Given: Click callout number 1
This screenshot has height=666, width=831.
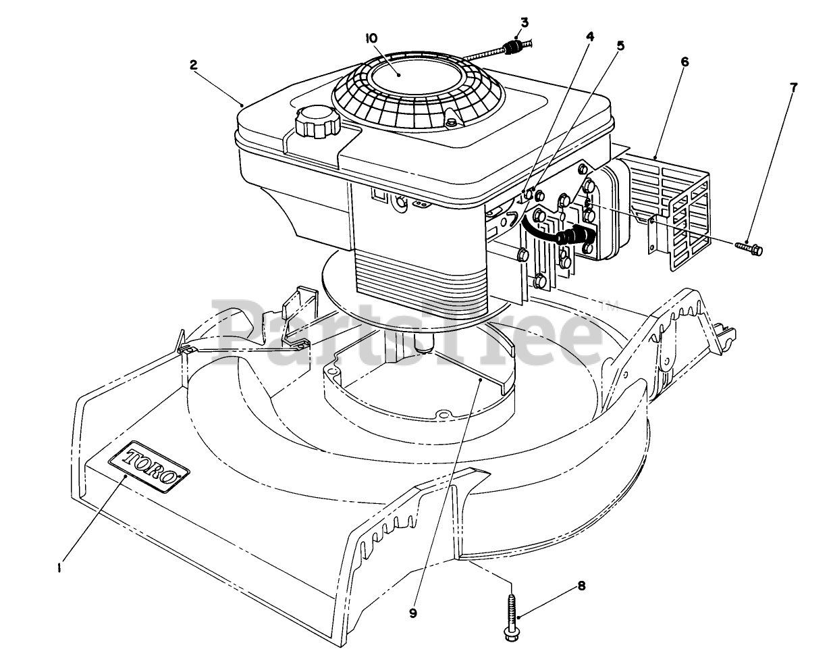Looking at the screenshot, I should click(x=60, y=568).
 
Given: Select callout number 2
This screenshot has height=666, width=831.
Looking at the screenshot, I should click(x=193, y=66).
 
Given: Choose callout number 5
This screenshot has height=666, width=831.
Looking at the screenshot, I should click(x=620, y=46).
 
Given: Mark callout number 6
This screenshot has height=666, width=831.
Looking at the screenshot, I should click(x=685, y=61).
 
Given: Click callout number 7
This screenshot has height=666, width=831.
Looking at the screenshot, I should click(x=793, y=88).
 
